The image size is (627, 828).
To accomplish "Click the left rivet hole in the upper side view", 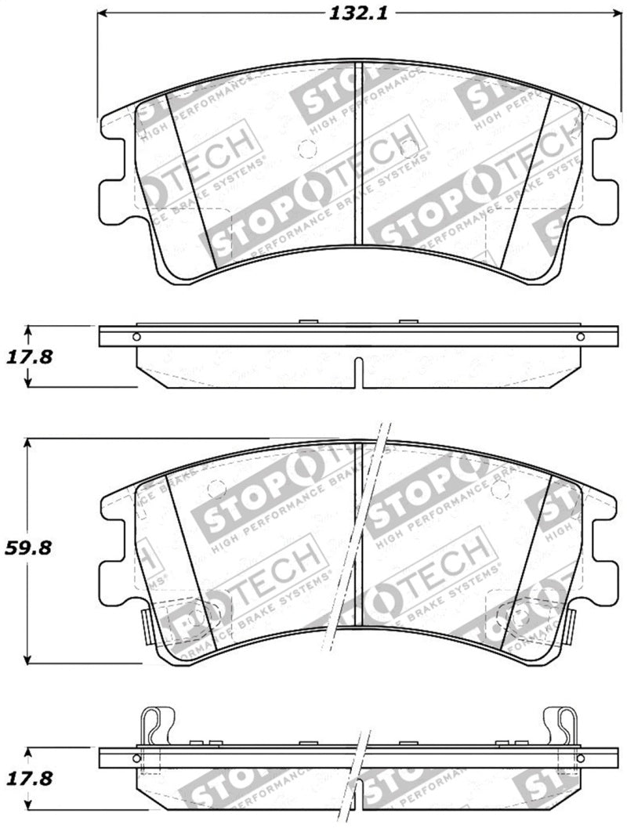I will (137, 337).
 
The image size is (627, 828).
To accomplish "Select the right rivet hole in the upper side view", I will (580, 337).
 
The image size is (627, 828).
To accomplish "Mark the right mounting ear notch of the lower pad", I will (603, 548).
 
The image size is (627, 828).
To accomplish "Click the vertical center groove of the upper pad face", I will (357, 157).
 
